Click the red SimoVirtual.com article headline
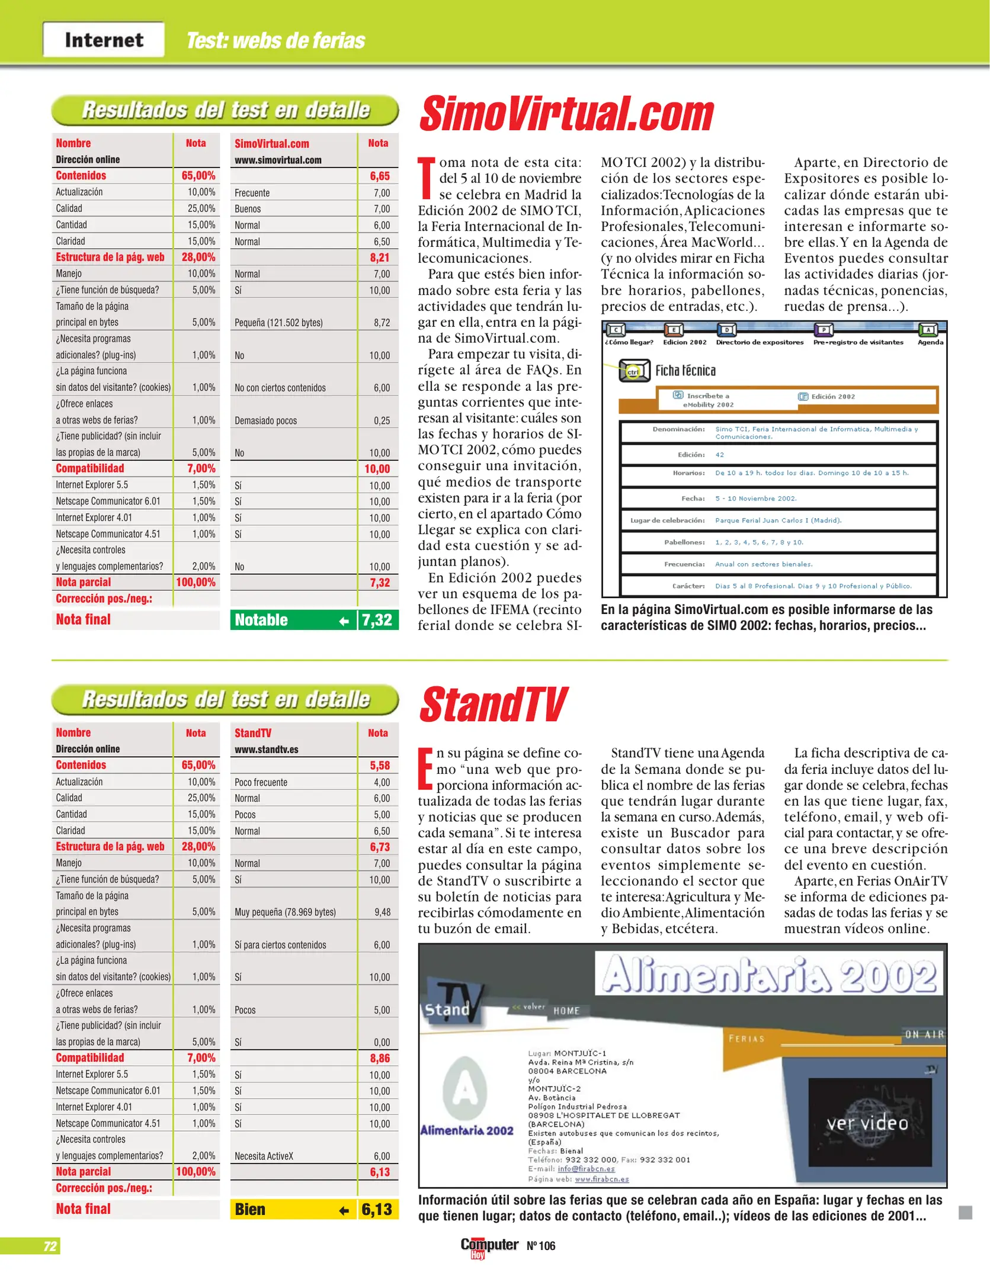click(566, 114)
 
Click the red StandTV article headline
click(493, 705)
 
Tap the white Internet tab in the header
click(104, 40)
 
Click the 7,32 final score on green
click(377, 620)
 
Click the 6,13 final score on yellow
click(377, 1209)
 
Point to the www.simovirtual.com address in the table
click(278, 160)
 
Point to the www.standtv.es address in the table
click(267, 749)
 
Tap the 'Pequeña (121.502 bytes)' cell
click(278, 323)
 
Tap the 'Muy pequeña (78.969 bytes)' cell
click(285, 912)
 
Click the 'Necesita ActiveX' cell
click(264, 1156)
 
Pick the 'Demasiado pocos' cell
click(265, 420)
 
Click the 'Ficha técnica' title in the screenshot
click(685, 371)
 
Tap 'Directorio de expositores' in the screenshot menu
click(760, 342)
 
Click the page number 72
click(50, 1246)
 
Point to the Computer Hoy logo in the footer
click(489, 1246)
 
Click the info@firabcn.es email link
click(586, 1169)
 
